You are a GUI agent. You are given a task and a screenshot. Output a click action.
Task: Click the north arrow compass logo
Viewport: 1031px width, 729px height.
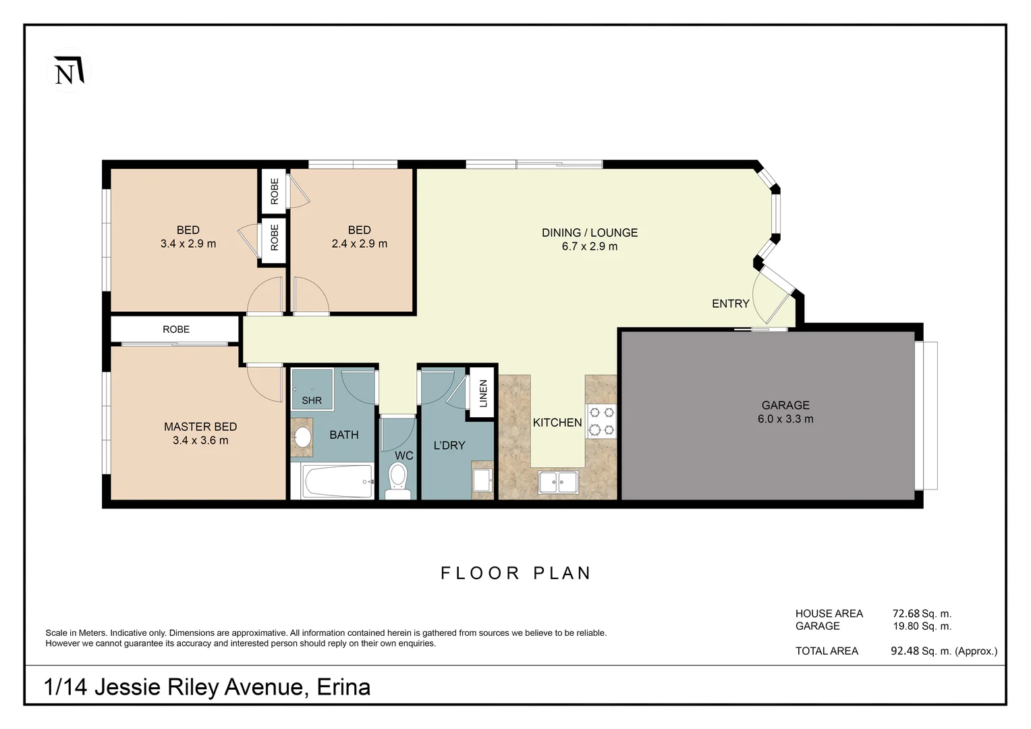(68, 70)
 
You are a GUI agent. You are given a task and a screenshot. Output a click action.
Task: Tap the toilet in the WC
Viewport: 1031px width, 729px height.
(398, 481)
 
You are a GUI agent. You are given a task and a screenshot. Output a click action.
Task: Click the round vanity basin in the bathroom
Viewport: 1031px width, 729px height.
(302, 437)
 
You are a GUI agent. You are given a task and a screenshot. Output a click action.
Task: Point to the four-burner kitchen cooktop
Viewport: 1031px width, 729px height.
(601, 420)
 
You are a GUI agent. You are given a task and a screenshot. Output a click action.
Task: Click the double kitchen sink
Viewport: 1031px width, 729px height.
(558, 483)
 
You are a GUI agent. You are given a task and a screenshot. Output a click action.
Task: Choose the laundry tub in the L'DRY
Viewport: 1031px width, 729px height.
(482, 481)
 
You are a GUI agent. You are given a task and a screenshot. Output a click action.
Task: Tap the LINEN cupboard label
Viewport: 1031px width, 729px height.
(483, 394)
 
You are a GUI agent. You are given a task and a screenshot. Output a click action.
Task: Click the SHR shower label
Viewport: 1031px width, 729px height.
(312, 400)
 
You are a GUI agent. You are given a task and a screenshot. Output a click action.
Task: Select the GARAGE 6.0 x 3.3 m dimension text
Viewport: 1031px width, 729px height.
(785, 419)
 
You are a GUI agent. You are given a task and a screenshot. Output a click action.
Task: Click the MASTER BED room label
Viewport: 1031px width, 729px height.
(200, 427)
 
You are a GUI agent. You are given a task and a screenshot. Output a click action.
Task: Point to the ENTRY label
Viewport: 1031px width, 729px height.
(731, 304)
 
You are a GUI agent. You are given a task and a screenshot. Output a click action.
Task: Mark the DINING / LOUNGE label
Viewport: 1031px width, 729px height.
(590, 233)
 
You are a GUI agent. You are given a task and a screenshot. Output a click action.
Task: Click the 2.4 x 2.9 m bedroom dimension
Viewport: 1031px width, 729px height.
(360, 244)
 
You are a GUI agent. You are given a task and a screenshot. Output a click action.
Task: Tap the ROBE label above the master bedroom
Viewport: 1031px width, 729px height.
(176, 329)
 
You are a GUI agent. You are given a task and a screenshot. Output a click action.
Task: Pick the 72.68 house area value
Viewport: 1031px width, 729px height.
(906, 614)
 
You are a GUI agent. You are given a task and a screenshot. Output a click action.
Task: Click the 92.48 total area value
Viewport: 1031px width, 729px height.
(905, 651)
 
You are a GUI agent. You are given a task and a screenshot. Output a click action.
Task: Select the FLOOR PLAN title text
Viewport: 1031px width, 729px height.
(516, 573)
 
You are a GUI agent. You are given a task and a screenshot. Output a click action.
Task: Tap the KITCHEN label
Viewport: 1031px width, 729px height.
(557, 423)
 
